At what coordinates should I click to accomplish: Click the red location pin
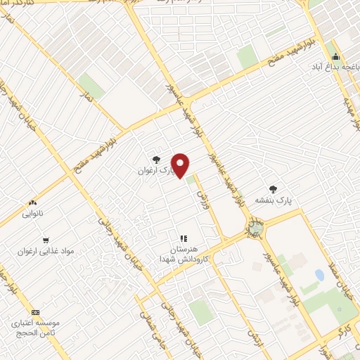(181, 165)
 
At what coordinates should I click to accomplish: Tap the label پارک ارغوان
(154, 170)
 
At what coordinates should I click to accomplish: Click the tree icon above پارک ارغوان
(156, 160)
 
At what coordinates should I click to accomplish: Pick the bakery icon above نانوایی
(32, 202)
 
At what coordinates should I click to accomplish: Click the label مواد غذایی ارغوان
(46, 250)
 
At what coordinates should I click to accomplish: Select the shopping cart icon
(46, 240)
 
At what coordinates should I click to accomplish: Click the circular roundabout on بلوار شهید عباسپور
(255, 227)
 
